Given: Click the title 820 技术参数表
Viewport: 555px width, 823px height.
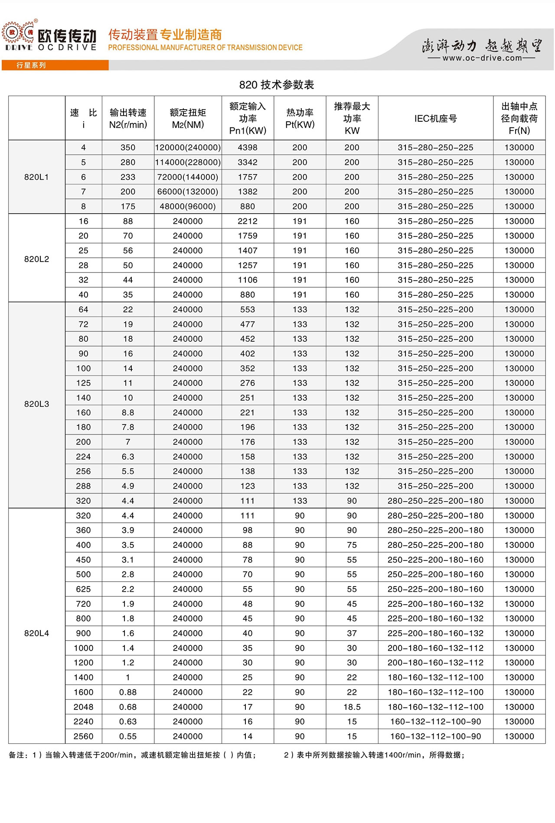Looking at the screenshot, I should pyautogui.click(x=277, y=84).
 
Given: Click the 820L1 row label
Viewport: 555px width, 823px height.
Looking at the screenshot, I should pyautogui.click(x=36, y=177).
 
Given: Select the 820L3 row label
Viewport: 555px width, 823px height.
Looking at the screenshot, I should pyautogui.click(x=36, y=404).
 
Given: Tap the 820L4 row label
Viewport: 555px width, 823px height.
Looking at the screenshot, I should pyautogui.click(x=36, y=633).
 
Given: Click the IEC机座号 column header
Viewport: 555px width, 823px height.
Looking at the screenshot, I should pyautogui.click(x=435, y=118).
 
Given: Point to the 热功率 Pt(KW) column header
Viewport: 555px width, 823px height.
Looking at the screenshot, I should pyautogui.click(x=300, y=118).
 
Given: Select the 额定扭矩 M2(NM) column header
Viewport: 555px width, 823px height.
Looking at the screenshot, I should pyautogui.click(x=188, y=118).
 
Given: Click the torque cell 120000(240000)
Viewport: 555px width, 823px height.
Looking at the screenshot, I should pyautogui.click(x=188, y=148).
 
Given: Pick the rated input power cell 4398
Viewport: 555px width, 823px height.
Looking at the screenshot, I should pyautogui.click(x=248, y=148).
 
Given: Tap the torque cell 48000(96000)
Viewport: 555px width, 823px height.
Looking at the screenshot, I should pyautogui.click(x=188, y=207).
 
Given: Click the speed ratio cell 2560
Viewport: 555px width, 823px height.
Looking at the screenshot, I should pyautogui.click(x=83, y=736).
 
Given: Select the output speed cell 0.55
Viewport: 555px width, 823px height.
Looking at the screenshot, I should pyautogui.click(x=128, y=736).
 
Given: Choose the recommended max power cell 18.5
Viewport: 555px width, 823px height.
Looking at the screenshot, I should pyautogui.click(x=352, y=707).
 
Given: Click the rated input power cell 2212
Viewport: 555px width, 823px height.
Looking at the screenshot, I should pyautogui.click(x=248, y=221).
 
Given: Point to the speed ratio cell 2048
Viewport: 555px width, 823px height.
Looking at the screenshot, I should pyautogui.click(x=83, y=707).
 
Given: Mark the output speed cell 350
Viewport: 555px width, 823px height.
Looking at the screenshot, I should pyautogui.click(x=128, y=148).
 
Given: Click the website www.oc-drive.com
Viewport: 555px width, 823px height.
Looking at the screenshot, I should pyautogui.click(x=482, y=58).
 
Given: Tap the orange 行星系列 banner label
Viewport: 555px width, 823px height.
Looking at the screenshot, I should pyautogui.click(x=31, y=65).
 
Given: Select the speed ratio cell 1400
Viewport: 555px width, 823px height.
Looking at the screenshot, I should pyautogui.click(x=83, y=677).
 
